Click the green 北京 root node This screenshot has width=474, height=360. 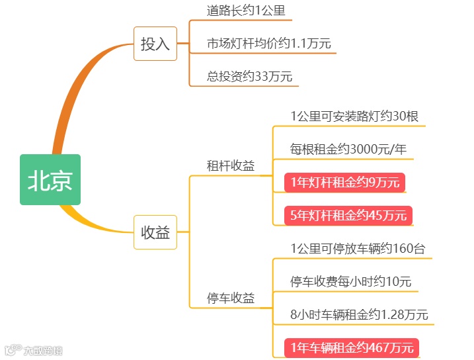click(x=50, y=179)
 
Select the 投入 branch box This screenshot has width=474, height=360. click(x=155, y=44)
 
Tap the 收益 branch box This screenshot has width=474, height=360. click(x=155, y=232)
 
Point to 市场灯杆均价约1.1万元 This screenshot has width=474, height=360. click(x=268, y=44)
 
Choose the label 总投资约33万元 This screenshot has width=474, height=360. click(x=249, y=76)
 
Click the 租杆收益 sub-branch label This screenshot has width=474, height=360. click(x=231, y=166)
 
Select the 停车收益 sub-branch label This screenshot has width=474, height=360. click(x=231, y=298)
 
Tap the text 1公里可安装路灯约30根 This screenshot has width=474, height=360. click(x=354, y=116)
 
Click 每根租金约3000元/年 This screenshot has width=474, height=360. click(x=348, y=149)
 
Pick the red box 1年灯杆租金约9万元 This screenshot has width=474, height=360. click(x=345, y=182)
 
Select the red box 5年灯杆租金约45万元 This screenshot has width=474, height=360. click(x=348, y=215)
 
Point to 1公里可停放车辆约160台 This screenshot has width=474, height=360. click(x=358, y=249)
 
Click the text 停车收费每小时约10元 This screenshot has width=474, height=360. click(x=350, y=281)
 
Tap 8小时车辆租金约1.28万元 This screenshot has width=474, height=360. click(x=359, y=314)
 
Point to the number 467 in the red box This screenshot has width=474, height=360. click(x=374, y=347)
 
